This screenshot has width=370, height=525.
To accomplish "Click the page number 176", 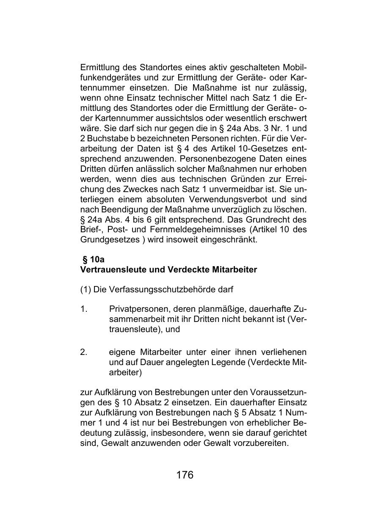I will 185,475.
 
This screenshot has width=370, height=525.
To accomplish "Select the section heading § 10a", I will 94,259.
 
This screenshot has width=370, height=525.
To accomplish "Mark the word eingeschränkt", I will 231,240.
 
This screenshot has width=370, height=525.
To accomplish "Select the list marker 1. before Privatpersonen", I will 84,309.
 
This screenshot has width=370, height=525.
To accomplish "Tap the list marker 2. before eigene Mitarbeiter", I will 84,352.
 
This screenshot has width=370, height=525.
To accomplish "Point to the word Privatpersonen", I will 137,309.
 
